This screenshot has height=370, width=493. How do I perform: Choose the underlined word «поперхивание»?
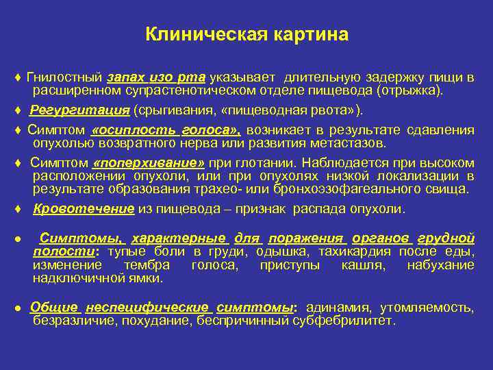click(x=148, y=163)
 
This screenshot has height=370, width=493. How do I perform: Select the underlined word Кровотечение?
click(x=84, y=209)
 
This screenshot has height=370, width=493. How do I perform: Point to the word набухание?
click(x=440, y=264)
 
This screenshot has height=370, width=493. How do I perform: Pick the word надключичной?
click(x=73, y=277)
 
